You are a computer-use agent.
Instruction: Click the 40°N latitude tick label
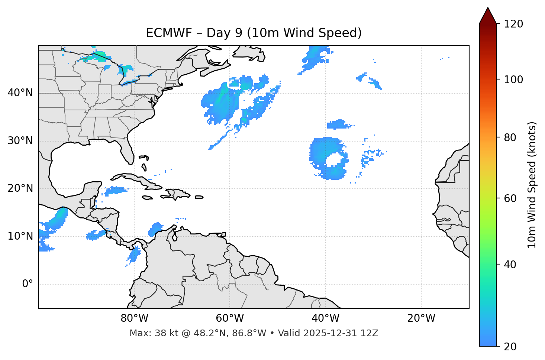(20, 93)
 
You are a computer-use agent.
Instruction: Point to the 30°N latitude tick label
(20, 141)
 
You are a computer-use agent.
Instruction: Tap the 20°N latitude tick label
(20, 188)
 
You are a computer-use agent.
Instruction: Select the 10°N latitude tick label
(20, 236)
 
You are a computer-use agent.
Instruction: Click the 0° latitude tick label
(27, 284)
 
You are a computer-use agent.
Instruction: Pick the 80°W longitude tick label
(134, 318)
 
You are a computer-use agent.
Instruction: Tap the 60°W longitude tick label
(230, 318)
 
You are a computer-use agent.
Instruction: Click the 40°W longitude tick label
(325, 318)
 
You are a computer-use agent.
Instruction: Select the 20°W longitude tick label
(421, 318)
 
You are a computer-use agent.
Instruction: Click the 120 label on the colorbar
(513, 24)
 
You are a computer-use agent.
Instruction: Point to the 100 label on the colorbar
(513, 80)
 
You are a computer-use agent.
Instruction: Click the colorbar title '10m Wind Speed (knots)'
(532, 185)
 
